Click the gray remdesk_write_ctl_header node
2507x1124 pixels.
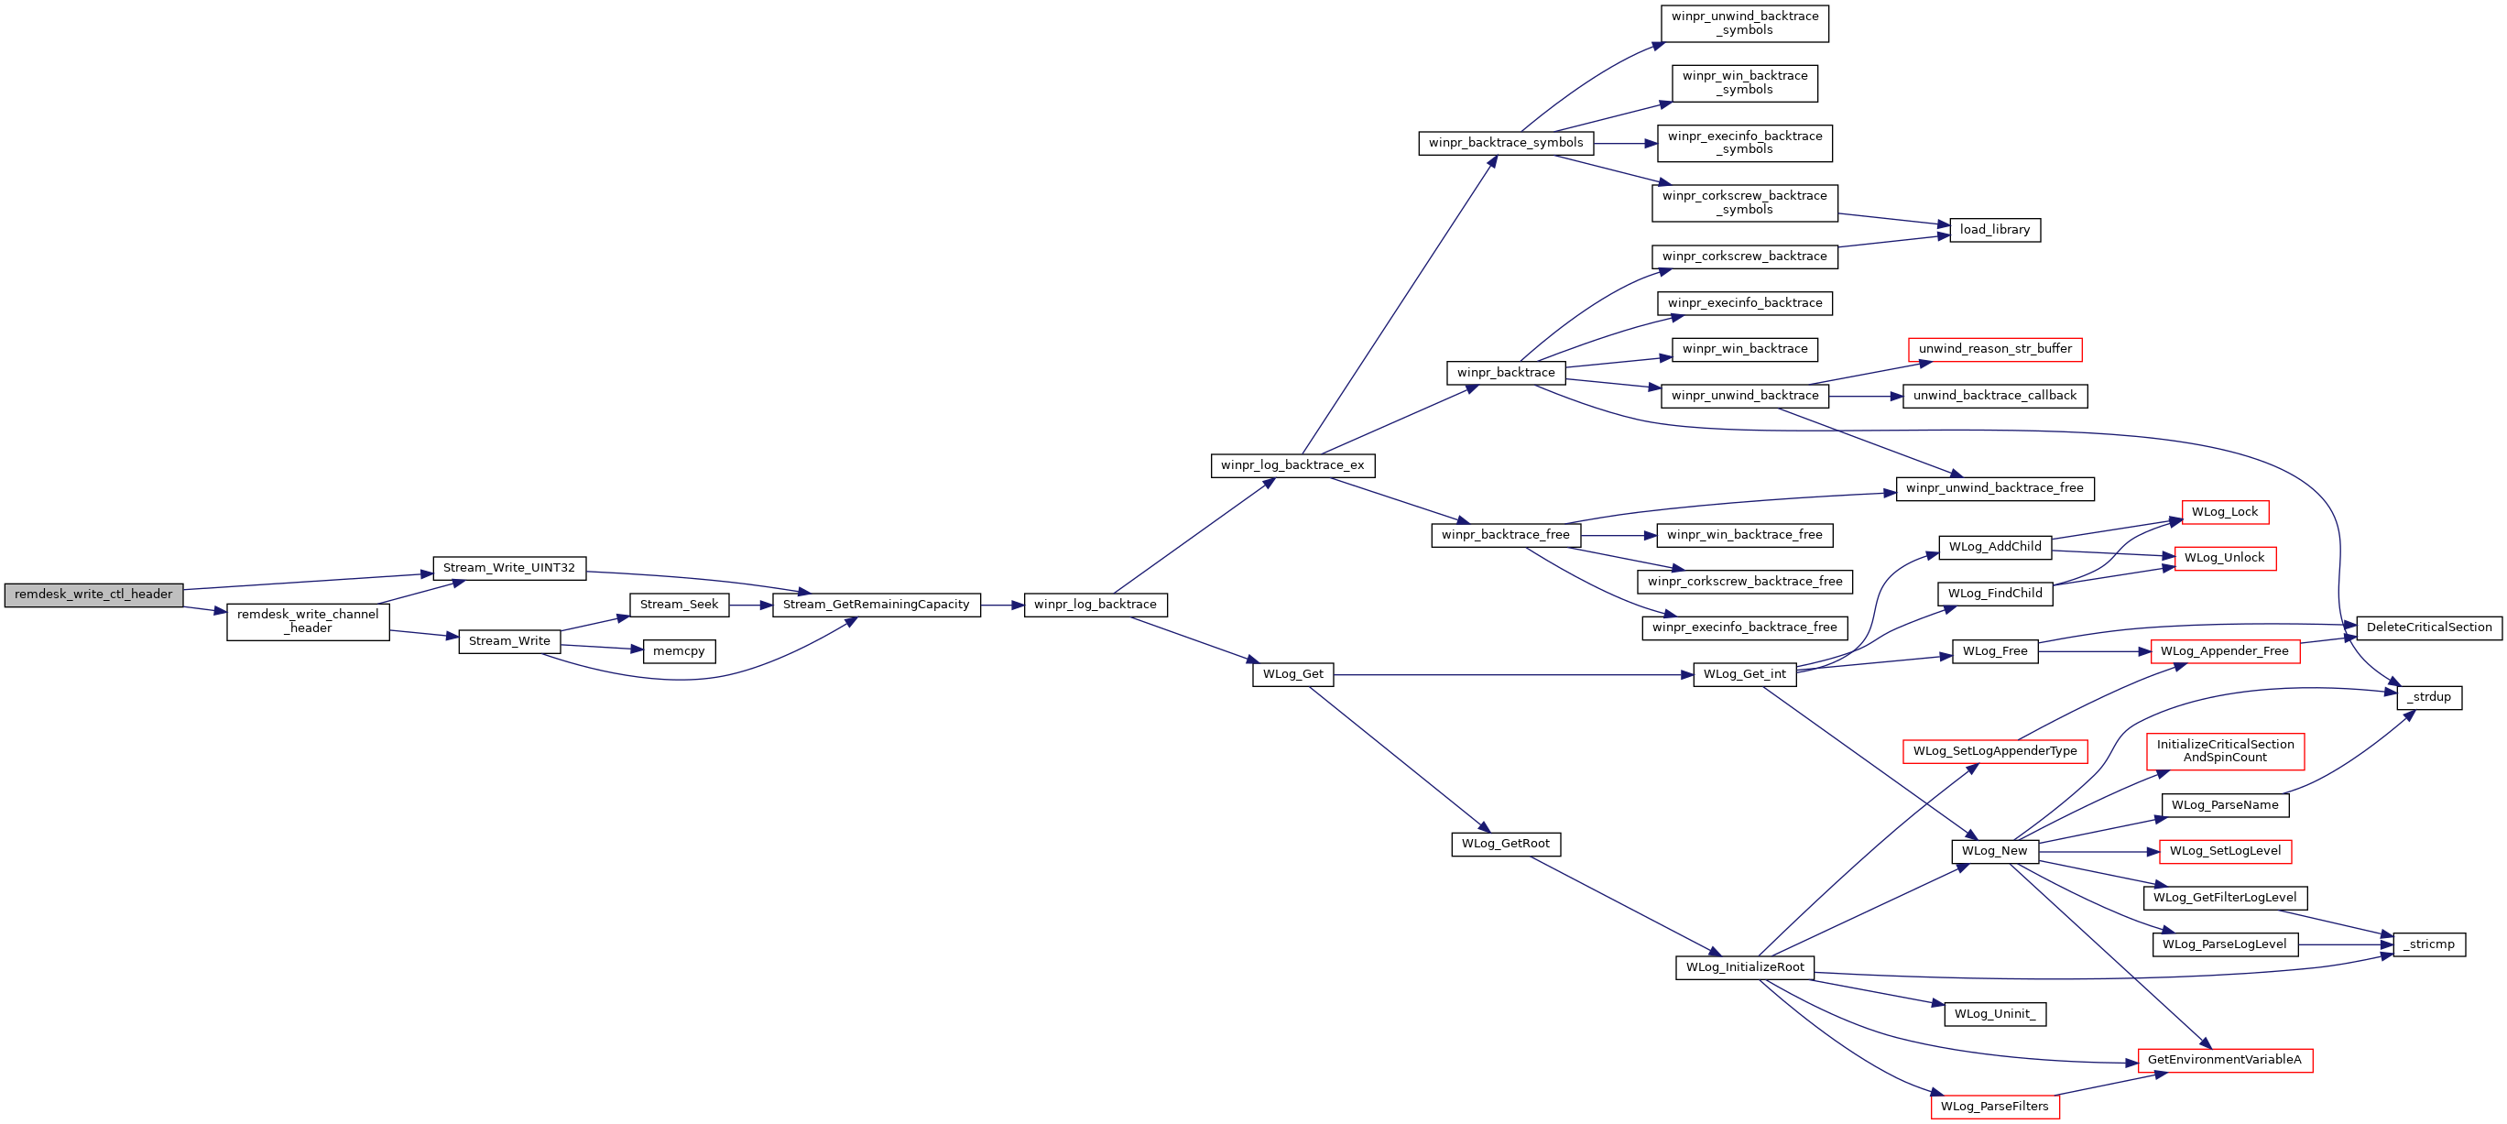pos(93,595)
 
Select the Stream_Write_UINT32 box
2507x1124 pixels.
pos(509,568)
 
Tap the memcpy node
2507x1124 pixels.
pos(680,651)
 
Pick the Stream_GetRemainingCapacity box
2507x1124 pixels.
pos(876,605)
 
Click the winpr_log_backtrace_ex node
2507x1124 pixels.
pos(1292,465)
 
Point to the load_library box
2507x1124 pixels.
pos(1995,230)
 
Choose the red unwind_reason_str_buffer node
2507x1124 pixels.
pos(1995,349)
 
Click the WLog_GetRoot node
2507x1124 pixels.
pos(1506,844)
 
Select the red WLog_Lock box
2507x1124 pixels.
pos(2225,512)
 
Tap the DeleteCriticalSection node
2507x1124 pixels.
pos(2429,627)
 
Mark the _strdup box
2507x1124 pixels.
pos(2429,698)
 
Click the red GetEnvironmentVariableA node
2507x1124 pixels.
pos(2225,1060)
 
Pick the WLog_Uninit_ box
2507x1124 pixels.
pos(1995,1014)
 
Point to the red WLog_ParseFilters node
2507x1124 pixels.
pos(1995,1107)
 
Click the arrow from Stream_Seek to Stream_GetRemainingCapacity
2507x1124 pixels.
pos(750,606)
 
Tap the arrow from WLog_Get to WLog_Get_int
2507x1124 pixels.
pos(1513,674)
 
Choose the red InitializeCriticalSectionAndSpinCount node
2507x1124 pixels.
pos(2225,751)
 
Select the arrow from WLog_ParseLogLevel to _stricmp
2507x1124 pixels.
pos(2347,945)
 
